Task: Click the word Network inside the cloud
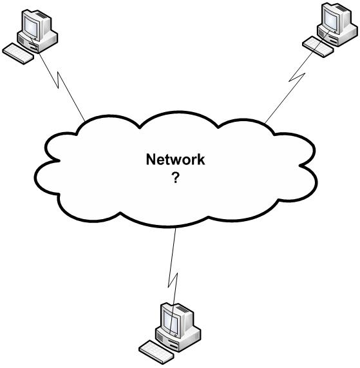(x=175, y=160)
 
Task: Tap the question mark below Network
(x=175, y=178)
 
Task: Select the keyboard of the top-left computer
(x=19, y=52)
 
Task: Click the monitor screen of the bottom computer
(x=171, y=318)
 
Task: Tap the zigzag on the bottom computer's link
(x=172, y=278)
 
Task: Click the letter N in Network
(x=151, y=160)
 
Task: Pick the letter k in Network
(x=201, y=160)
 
